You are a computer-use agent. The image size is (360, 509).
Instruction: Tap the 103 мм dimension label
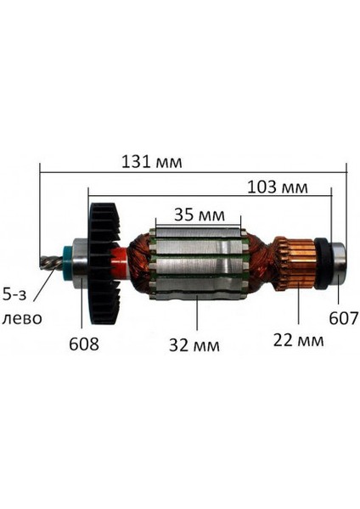(277, 187)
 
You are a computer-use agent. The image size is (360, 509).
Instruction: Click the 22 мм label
(297, 340)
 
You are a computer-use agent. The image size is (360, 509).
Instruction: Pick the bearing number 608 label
(84, 344)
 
